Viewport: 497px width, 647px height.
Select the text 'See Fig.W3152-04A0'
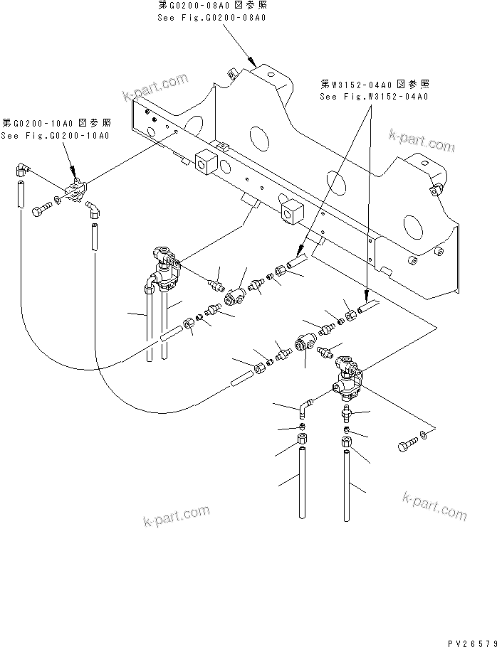pos(373,96)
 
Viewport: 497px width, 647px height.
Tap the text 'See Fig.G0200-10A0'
pos(55,136)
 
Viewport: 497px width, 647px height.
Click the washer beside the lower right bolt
pos(424,433)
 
